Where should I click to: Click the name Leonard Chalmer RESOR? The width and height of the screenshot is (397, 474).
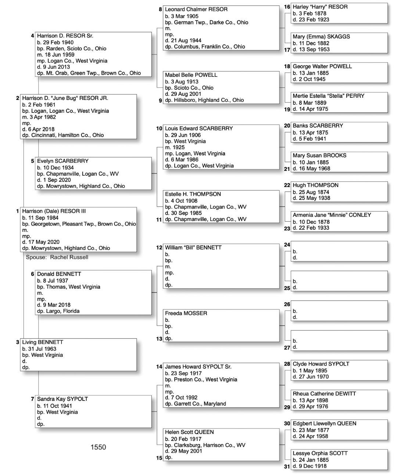point(196,9)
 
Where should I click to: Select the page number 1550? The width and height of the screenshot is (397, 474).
point(98,447)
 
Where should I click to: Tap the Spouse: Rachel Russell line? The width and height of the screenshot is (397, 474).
point(57,257)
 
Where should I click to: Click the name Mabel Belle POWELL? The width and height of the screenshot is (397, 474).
point(191,75)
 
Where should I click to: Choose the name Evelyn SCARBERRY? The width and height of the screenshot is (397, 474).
point(62,161)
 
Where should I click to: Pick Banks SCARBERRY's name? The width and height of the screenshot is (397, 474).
point(318,126)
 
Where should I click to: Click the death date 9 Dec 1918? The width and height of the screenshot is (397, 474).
point(310,466)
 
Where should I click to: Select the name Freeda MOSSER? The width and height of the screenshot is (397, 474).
point(186,313)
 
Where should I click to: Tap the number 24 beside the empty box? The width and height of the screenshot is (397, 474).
point(287,245)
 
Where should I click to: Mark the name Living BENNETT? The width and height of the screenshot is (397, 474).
point(42,342)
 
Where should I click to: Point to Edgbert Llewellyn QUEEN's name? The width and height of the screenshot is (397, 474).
point(324,424)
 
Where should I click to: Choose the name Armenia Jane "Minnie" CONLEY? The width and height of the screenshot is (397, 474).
point(332,215)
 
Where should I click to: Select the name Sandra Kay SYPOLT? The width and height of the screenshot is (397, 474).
point(62,399)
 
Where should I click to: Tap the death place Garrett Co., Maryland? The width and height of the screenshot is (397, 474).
point(195,404)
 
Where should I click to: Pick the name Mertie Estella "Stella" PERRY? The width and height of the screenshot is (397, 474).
point(328,96)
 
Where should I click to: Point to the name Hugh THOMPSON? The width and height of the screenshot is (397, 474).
point(315,186)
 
